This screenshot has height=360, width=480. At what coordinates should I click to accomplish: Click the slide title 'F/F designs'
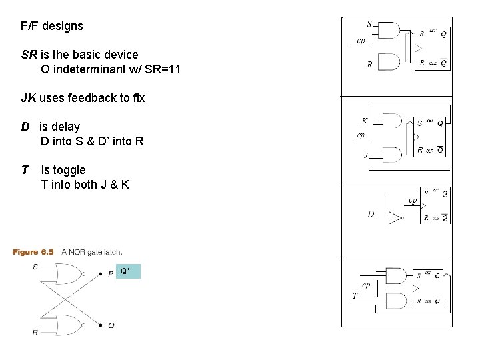(52, 27)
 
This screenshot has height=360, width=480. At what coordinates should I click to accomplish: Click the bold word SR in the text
(29, 55)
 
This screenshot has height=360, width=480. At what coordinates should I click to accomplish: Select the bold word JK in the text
(29, 98)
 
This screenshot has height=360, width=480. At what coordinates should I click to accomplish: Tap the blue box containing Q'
(128, 271)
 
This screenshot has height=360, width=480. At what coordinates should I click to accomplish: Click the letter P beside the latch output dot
(111, 274)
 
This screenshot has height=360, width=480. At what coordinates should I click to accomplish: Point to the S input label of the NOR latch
(35, 267)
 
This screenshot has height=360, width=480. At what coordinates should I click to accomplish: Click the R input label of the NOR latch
(35, 331)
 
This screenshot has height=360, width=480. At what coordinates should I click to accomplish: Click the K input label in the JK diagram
(365, 121)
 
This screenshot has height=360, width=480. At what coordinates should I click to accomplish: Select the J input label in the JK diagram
(365, 155)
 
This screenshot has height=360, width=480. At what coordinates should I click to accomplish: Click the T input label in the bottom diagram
(355, 295)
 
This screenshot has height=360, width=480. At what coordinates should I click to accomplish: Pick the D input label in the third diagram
(371, 214)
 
